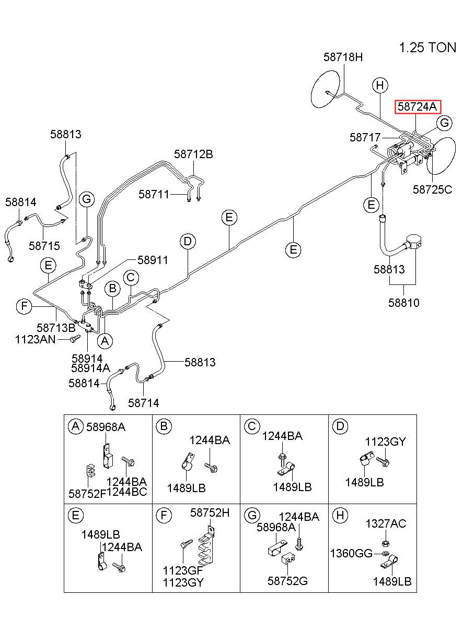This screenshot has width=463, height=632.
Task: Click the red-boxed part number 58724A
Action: (x=417, y=106)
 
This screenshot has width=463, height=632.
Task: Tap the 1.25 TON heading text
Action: (x=427, y=47)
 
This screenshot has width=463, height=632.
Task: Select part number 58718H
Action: (x=343, y=57)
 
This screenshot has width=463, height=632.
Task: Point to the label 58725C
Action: (x=432, y=189)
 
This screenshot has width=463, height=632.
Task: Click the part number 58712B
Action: (x=193, y=154)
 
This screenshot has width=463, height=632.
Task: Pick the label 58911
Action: (x=153, y=260)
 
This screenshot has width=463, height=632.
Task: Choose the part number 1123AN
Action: (x=36, y=339)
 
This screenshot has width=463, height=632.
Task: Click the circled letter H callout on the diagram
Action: (x=380, y=85)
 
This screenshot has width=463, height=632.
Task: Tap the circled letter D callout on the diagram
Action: (x=188, y=242)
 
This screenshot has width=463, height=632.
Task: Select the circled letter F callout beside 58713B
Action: (x=24, y=306)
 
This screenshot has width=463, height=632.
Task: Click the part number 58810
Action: (x=403, y=303)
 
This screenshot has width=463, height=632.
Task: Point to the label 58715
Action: (x=44, y=246)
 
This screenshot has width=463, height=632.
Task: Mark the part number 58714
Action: (x=144, y=403)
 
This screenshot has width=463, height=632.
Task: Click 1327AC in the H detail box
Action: (x=386, y=524)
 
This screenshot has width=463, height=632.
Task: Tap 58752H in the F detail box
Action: (x=210, y=512)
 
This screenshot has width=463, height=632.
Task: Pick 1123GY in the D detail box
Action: (x=385, y=442)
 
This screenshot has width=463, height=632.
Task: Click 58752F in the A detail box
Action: (x=87, y=494)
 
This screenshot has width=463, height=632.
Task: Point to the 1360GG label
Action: (x=351, y=554)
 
